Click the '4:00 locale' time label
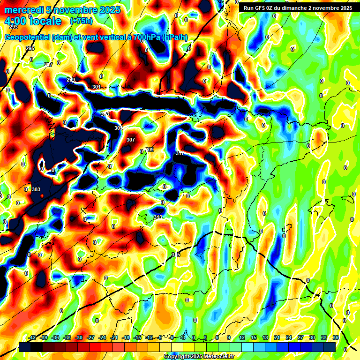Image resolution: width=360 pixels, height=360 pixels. tap(32, 21)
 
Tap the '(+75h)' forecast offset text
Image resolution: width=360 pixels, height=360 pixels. tap(81, 21)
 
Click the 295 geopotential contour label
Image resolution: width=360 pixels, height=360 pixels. tap(30, 49)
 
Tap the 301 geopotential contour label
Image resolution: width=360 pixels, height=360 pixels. tap(97, 87)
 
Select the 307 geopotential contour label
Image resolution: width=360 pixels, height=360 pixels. tap(131, 140)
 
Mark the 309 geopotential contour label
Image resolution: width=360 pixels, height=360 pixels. tap(150, 150)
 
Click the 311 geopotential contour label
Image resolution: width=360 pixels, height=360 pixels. tap(180, 154)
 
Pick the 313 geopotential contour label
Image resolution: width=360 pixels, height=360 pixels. tap(158, 217)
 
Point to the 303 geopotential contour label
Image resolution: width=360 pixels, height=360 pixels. tap(36, 189)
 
